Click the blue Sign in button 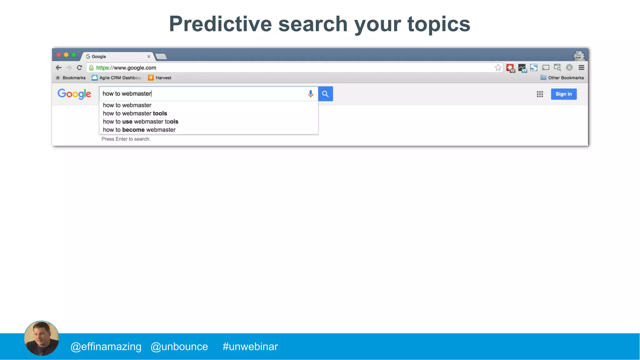[563, 94]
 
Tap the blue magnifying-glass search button [325, 94]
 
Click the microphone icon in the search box [310, 94]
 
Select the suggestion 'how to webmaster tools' [135, 113]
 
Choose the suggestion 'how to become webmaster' [139, 130]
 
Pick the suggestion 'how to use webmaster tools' [141, 122]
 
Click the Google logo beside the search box [74, 94]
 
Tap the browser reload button [79, 67]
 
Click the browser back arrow [58, 67]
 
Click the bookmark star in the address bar [498, 67]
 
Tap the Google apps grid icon [540, 94]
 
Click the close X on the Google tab [149, 57]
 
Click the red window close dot [59, 55]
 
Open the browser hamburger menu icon [581, 67]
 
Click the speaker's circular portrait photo [42, 338]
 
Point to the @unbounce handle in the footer [179, 347]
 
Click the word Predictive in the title [220, 24]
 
